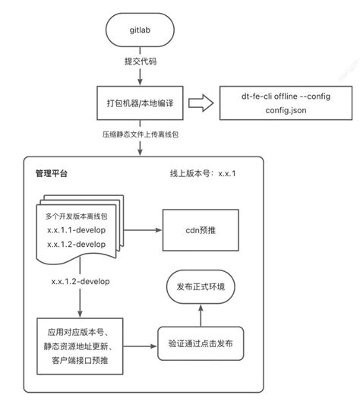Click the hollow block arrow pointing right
point(200,103)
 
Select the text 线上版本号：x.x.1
point(204,173)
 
